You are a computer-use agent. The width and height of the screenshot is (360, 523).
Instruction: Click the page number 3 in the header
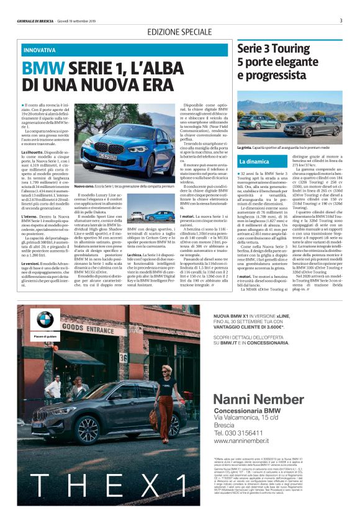(x=341, y=20)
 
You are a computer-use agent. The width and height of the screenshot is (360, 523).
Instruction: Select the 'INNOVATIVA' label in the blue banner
(x=39, y=50)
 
